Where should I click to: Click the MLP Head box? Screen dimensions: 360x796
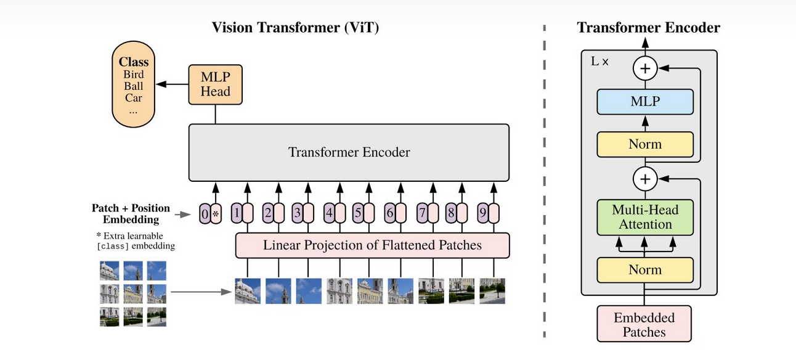215,84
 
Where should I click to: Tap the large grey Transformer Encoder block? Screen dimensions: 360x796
349,152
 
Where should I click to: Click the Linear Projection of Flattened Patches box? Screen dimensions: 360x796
372,245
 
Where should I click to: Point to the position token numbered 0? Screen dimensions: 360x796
205,214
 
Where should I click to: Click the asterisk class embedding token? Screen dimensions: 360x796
216,214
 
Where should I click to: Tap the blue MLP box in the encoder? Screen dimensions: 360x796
645,102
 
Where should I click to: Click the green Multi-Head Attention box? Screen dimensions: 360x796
645,217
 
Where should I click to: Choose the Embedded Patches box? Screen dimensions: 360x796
644,325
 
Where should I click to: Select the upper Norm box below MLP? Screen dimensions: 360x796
645,144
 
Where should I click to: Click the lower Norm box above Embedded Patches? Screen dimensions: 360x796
645,269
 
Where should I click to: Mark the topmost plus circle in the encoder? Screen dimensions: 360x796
645,68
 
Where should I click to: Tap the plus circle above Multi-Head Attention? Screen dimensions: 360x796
645,179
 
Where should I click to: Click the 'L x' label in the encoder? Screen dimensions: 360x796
599,62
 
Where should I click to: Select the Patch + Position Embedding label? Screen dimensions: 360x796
131,214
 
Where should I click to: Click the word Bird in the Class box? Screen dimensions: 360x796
134,75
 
